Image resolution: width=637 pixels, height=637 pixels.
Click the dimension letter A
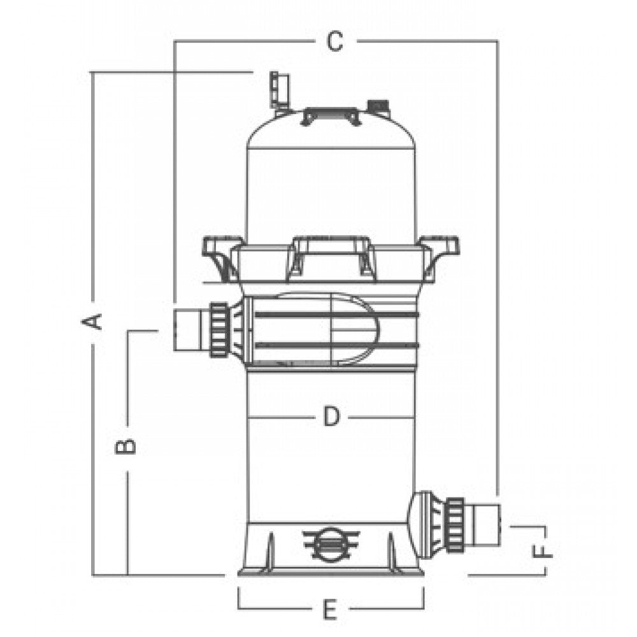pos(92,322)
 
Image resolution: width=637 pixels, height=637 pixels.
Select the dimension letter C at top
pos(335,41)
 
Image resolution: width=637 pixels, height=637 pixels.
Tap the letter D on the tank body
pos(331,417)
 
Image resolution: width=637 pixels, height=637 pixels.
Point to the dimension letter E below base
pos(330,610)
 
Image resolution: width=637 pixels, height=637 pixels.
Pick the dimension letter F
pos(543,551)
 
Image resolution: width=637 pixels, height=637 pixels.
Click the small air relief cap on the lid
pos(378,106)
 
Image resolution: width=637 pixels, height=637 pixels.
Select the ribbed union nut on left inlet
pos(219,330)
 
